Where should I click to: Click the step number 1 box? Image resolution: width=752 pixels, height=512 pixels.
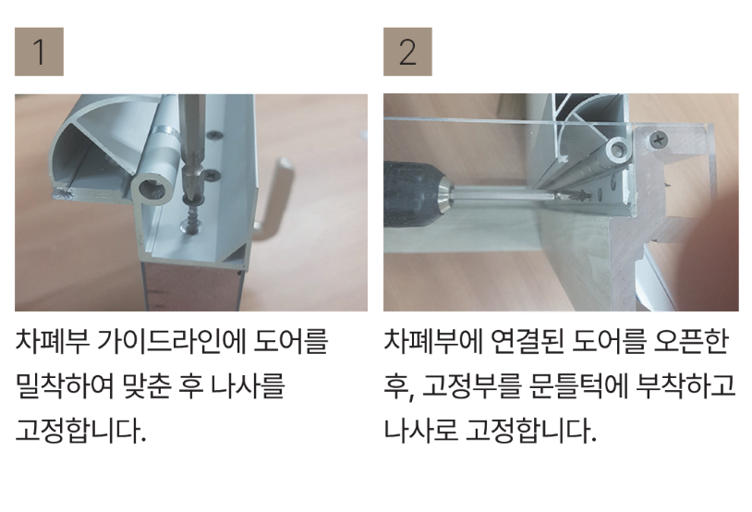39,52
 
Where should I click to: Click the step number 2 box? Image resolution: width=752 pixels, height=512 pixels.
407,52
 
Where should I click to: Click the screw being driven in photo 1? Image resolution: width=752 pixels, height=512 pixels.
191,216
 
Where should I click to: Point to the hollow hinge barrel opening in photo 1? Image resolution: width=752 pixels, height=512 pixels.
152,189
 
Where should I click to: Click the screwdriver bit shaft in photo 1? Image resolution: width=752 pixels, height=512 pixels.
193,144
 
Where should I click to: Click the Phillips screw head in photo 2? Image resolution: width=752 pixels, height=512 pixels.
659,140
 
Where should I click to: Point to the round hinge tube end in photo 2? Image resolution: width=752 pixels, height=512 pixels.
618,149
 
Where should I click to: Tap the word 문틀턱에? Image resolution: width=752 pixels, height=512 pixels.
579,386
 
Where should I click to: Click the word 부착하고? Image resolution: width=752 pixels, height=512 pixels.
686,386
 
